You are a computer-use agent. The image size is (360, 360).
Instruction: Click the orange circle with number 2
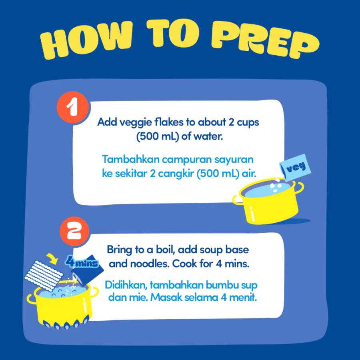74,231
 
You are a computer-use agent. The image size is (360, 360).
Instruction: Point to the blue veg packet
295,166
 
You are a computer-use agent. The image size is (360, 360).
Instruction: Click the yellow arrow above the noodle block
52,258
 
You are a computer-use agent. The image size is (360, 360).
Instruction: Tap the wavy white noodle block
44,276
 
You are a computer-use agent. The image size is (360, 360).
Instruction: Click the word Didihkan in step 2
126,285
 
